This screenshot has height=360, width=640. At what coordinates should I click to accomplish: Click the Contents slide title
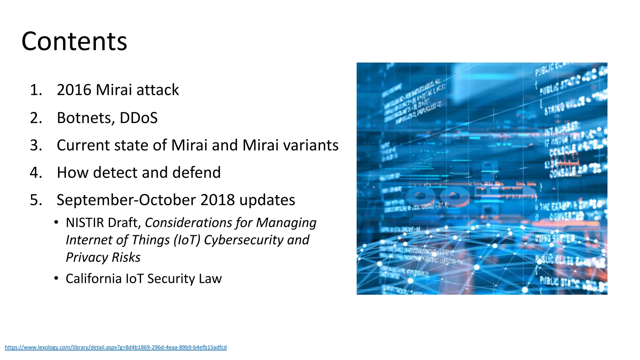74,42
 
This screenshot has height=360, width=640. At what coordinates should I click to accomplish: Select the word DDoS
138,118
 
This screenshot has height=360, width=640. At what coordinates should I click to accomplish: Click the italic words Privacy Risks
103,257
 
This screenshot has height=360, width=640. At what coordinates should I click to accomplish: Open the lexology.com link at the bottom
116,347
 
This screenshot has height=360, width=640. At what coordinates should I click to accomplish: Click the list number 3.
36,145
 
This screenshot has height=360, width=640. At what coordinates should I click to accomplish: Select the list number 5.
36,200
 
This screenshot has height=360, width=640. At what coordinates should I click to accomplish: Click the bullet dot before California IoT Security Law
56,278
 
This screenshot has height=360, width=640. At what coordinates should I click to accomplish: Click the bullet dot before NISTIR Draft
56,222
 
